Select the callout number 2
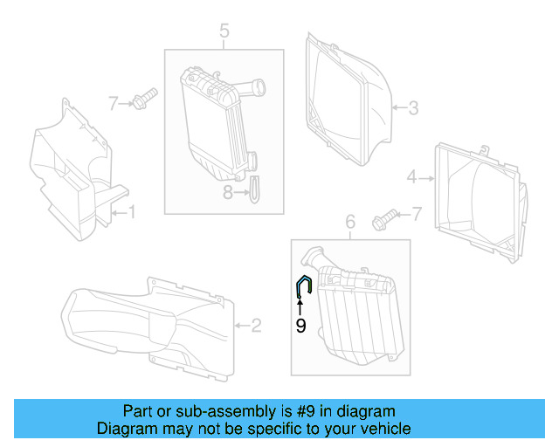click(256, 327)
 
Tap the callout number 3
click(414, 108)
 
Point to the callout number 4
click(411, 177)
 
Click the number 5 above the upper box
click(224, 33)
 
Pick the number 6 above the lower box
click(350, 223)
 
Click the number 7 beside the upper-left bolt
click(113, 104)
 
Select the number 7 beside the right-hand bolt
click(416, 213)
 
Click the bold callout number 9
click(300, 326)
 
